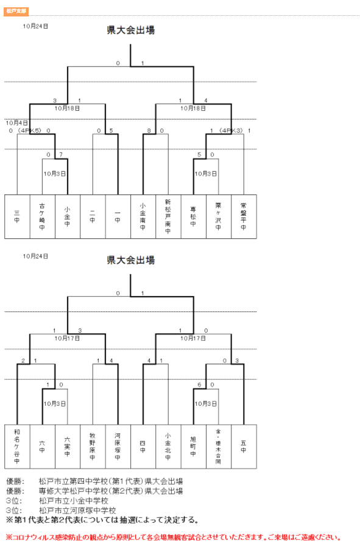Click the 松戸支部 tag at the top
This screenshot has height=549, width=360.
pyautogui.click(x=15, y=11)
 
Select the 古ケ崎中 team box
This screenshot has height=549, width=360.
pyautogui.click(x=42, y=216)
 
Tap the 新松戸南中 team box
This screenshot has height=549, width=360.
pyautogui.click(x=168, y=216)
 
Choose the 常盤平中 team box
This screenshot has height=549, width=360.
pyautogui.click(x=244, y=216)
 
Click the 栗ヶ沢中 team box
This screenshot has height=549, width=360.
pyautogui.click(x=218, y=216)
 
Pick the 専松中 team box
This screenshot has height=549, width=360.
pyautogui.click(x=193, y=216)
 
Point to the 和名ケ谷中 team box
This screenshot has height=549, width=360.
pyautogui.click(x=17, y=446)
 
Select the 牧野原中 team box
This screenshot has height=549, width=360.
pyautogui.click(x=93, y=446)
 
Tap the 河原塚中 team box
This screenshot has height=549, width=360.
pyautogui.click(x=118, y=446)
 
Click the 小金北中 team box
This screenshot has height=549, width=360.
pyautogui.click(x=168, y=446)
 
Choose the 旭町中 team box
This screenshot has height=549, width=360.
pyautogui.click(x=193, y=446)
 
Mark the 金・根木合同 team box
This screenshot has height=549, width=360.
pyautogui.click(x=218, y=446)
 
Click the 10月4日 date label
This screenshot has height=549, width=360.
pyautogui.click(x=17, y=122)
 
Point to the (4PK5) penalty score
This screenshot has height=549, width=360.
pyautogui.click(x=29, y=130)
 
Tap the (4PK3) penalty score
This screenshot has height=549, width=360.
pyautogui.click(x=231, y=130)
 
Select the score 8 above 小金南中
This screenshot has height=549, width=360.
pyautogui.click(x=149, y=130)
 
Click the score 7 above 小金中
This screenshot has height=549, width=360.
pyautogui.click(x=60, y=155)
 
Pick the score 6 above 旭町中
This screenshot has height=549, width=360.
pyautogui.click(x=199, y=384)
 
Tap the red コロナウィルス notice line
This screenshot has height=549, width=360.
pyautogui.click(x=173, y=537)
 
